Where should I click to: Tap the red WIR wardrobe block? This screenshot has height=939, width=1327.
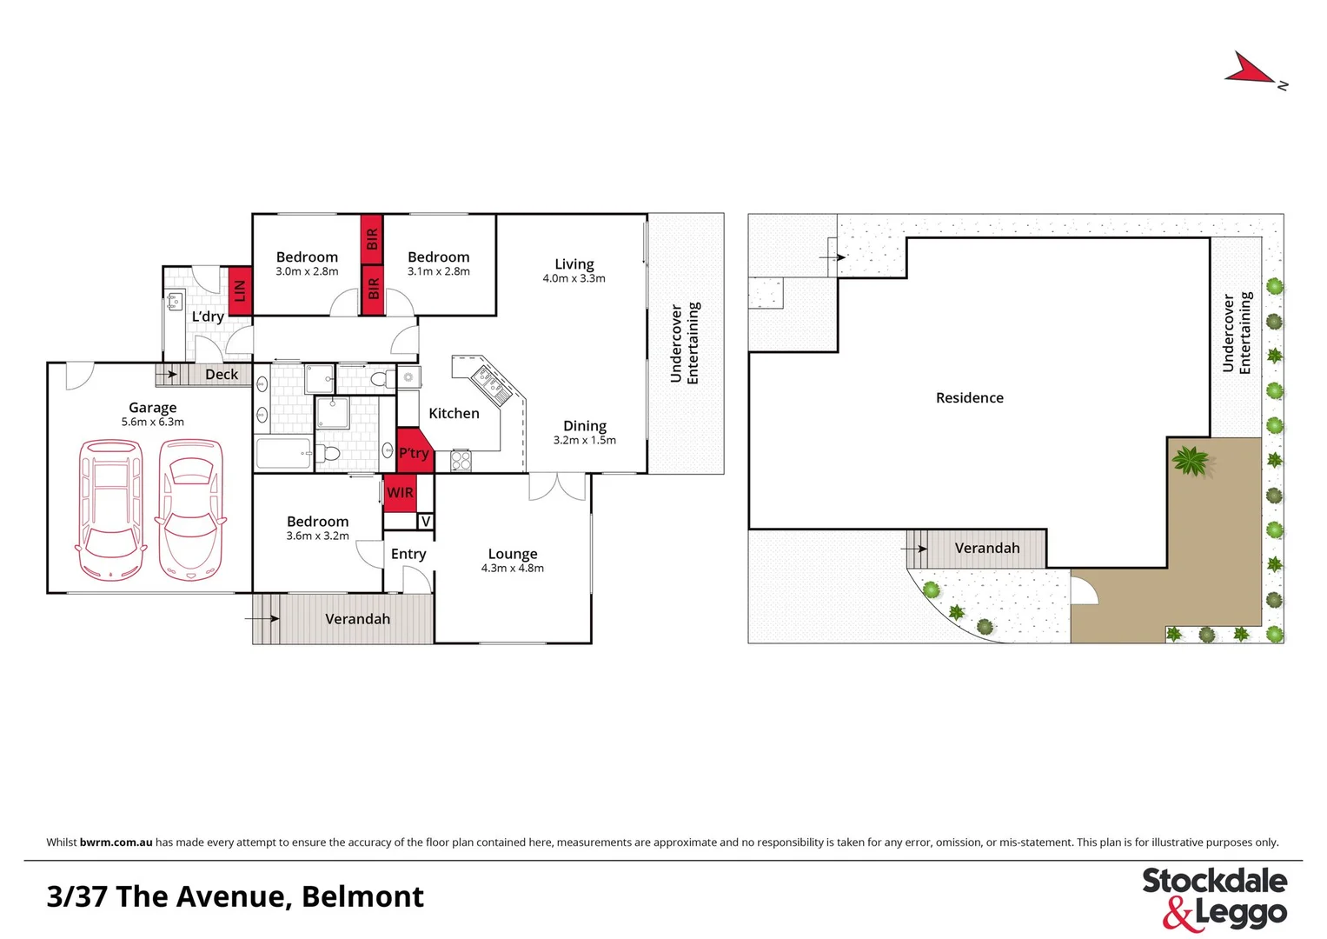pos(400,493)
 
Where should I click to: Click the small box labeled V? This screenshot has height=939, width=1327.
pos(426,522)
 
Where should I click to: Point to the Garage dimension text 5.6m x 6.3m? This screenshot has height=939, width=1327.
pos(153,423)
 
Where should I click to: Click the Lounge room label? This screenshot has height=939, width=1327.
pos(513,554)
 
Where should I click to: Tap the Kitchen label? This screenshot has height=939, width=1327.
pos(454,414)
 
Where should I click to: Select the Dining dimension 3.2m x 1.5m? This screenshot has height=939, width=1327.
pos(585,441)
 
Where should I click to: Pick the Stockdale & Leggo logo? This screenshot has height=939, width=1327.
pos(1214,897)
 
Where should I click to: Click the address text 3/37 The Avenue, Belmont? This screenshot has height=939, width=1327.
pos(236,896)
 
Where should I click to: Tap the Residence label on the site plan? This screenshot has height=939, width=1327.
pos(969,398)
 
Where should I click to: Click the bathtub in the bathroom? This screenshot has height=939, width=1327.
pos(283,453)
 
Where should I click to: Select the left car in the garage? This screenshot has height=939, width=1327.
pos(110,509)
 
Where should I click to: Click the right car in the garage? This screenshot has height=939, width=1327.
pos(190,509)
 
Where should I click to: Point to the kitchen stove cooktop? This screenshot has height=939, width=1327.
pos(461,461)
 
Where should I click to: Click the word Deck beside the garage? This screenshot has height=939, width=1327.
pos(222,375)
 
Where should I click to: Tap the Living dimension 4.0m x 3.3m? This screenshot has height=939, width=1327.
pos(574,279)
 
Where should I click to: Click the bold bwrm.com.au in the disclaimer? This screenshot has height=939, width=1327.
pos(116,842)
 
